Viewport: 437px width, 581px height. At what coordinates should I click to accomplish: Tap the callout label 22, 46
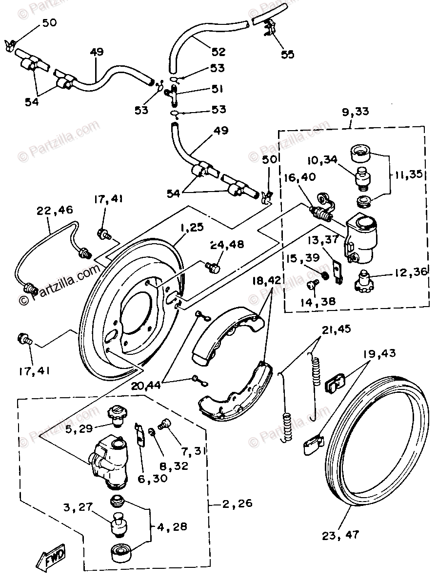point(54,211)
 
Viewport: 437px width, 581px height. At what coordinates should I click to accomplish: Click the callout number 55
point(288,54)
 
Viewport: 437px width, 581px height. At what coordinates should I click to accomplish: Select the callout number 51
point(217,89)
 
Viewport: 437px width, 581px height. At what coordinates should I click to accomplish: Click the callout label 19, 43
point(378,354)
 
